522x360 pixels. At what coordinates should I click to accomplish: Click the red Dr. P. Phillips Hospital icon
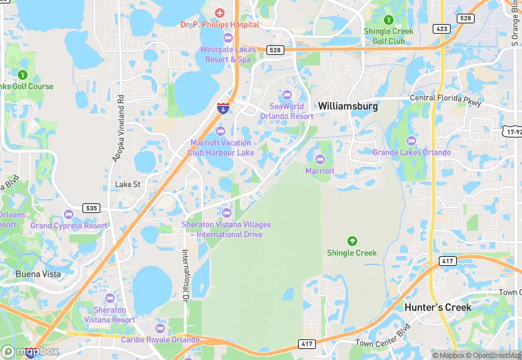[220, 13]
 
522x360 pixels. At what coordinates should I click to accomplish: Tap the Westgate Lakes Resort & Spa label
[228, 54]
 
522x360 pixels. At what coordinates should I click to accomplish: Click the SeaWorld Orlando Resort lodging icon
[286, 95]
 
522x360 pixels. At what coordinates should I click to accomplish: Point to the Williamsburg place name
[348, 106]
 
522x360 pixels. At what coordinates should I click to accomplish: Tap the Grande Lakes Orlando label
[412, 152]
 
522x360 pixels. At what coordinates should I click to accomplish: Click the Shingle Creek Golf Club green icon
[389, 21]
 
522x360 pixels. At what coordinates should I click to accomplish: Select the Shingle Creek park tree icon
[352, 241]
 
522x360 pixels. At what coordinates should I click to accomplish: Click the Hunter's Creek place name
[438, 307]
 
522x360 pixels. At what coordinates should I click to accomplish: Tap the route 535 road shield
[91, 207]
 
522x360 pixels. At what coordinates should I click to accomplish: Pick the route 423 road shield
[442, 28]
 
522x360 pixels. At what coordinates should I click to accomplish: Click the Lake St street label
[128, 184]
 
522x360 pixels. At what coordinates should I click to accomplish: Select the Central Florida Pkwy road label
[446, 98]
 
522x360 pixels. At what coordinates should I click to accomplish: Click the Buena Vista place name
[37, 273]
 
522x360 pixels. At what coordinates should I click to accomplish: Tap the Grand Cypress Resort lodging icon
[69, 214]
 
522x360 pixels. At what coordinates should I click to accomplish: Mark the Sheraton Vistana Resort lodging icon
[110, 298]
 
